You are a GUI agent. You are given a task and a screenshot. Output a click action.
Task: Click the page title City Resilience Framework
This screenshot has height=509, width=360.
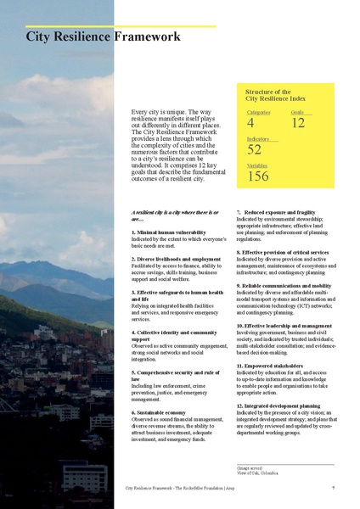tap(103, 37)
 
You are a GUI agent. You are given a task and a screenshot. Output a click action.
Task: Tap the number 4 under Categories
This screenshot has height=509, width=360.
tap(250, 124)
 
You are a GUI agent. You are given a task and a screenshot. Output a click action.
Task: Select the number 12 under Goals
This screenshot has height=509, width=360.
tap(297, 124)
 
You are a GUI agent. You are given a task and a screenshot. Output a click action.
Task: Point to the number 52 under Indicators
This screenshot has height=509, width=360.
tap(254, 150)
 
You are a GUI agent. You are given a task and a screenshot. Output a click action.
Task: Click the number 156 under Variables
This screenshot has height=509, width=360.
tap(257, 176)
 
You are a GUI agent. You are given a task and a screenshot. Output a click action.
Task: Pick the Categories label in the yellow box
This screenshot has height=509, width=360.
tap(258, 112)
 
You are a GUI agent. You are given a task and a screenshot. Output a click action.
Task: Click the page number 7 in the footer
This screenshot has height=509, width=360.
tap(334, 489)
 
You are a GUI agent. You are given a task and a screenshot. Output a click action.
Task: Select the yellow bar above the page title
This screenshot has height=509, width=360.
tap(120, 26)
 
